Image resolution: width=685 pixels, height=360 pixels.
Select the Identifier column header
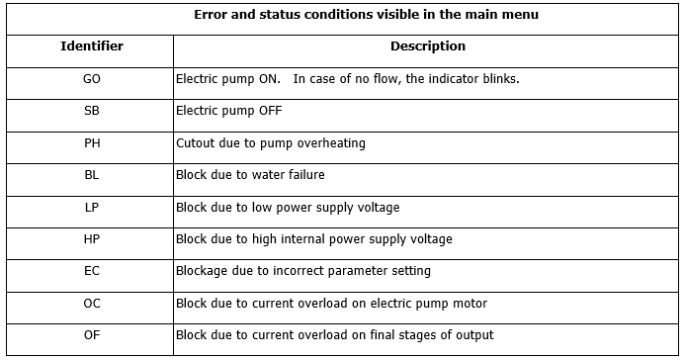pos(92,46)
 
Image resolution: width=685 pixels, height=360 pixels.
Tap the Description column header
pos(427,46)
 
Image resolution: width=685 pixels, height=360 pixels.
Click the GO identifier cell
pos(92,79)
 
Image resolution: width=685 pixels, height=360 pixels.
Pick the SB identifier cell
pos(92,111)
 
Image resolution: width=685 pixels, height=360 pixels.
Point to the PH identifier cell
pos(92,143)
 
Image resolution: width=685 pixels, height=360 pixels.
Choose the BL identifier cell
pos(92,175)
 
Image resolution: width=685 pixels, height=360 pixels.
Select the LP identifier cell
pos(92,208)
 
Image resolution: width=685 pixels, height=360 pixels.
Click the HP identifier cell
pos(92,239)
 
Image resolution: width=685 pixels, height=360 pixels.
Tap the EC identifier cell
pos(92,271)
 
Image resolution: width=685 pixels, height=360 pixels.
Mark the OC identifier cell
pos(92,304)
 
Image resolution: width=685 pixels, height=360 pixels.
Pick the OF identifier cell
pos(92,335)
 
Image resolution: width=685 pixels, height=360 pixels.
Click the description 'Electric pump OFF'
pos(228,111)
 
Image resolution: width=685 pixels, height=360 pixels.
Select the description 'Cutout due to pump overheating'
pos(270,143)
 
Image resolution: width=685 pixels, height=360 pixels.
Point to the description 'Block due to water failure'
pos(250,175)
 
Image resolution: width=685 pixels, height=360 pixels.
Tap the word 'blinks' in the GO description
pos(500,79)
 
